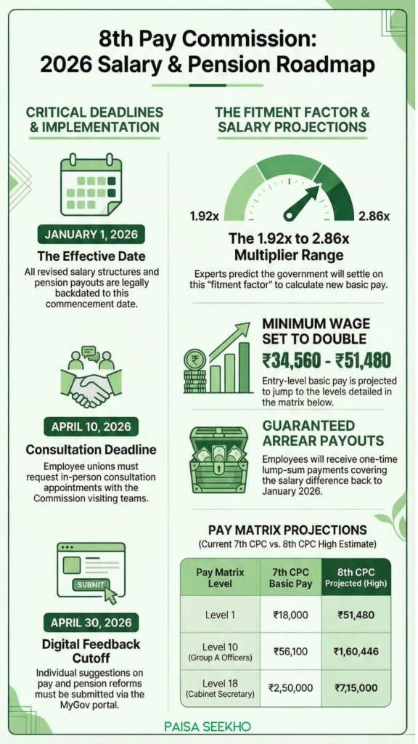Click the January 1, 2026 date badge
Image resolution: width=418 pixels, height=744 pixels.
click(91, 235)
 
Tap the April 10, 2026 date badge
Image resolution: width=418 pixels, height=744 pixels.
click(91, 426)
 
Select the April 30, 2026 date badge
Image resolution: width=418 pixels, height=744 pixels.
click(91, 623)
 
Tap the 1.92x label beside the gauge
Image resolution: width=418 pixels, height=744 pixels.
click(205, 216)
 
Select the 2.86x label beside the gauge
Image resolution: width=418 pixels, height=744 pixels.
click(374, 216)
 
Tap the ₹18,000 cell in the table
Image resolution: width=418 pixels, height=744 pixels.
click(290, 615)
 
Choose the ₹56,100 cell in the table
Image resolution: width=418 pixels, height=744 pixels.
click(290, 651)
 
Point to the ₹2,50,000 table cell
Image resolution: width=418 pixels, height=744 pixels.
click(290, 687)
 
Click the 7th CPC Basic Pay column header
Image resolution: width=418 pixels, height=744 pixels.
click(290, 577)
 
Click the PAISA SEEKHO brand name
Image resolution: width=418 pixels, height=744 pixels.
click(209, 724)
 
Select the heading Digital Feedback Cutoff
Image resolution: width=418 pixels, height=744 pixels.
click(91, 652)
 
